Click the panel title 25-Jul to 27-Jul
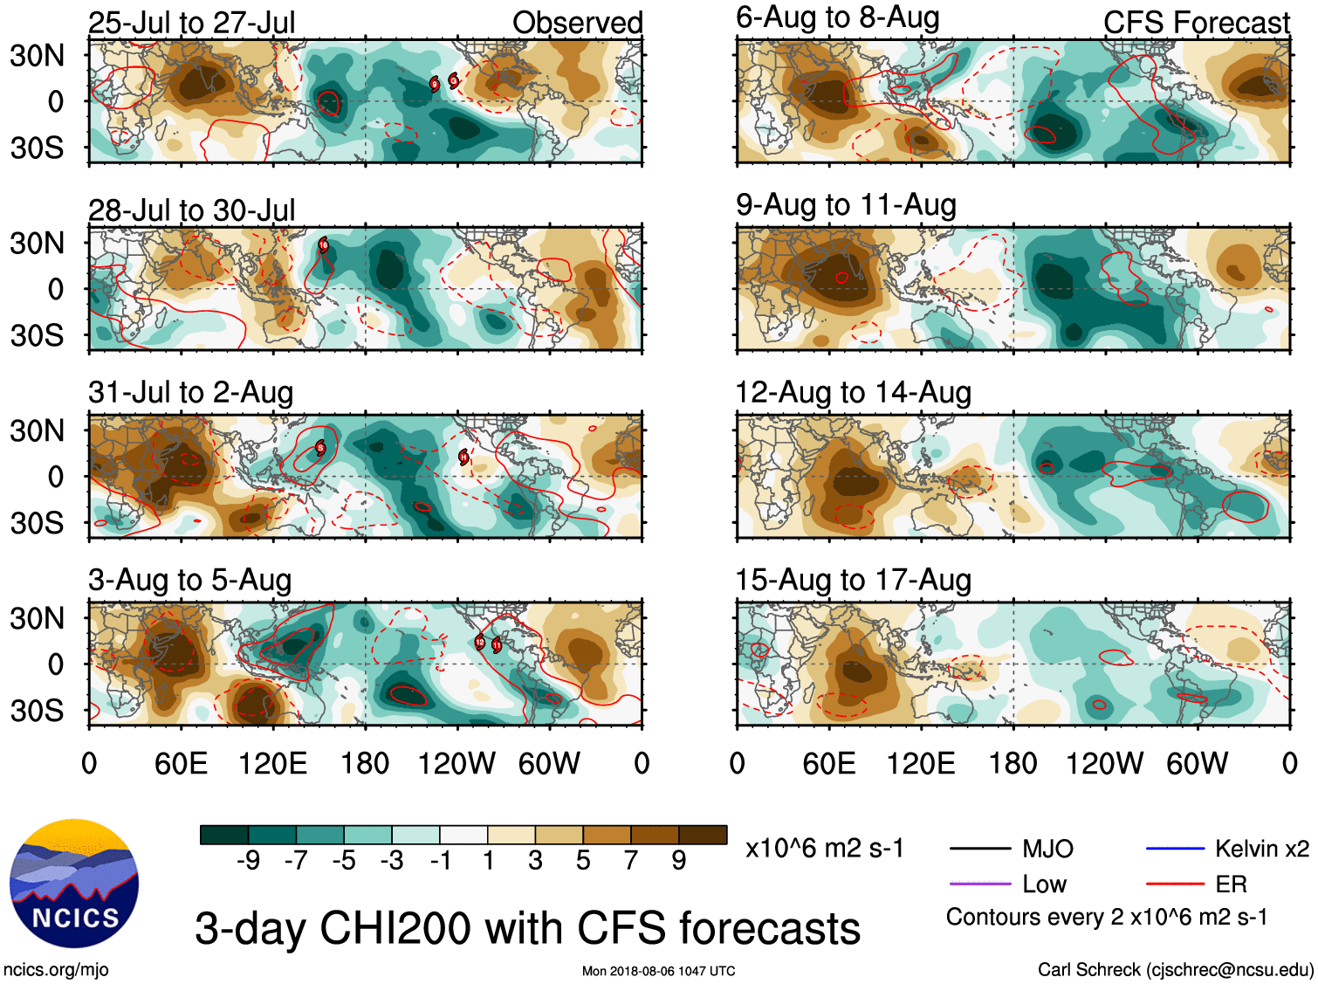point(191,23)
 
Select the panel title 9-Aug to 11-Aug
point(846,205)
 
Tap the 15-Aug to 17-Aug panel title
point(853,580)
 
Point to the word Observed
point(577,23)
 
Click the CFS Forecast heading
point(1196,23)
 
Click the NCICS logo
point(73,883)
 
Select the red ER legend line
point(1174,884)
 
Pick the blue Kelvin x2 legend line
point(1174,848)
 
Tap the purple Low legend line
point(979,884)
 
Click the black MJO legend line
point(979,848)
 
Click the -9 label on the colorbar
point(248,861)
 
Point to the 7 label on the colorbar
point(631,861)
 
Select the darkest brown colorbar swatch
point(703,835)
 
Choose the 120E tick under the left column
point(272,764)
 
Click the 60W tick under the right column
point(1197,764)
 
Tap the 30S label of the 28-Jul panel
point(37,335)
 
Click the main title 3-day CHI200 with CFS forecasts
point(527,927)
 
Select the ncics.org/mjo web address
point(56,969)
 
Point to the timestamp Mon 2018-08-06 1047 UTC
point(658,971)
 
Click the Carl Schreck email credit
point(1175,969)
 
